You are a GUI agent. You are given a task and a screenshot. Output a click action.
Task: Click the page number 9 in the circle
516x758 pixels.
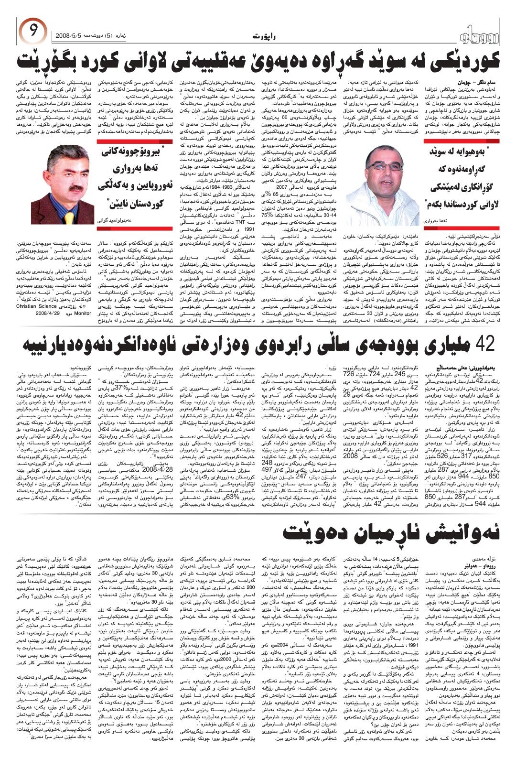32,32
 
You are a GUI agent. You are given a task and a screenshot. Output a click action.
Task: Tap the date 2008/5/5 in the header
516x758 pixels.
69,36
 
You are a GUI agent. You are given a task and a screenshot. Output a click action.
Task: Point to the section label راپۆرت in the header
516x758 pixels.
262,36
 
